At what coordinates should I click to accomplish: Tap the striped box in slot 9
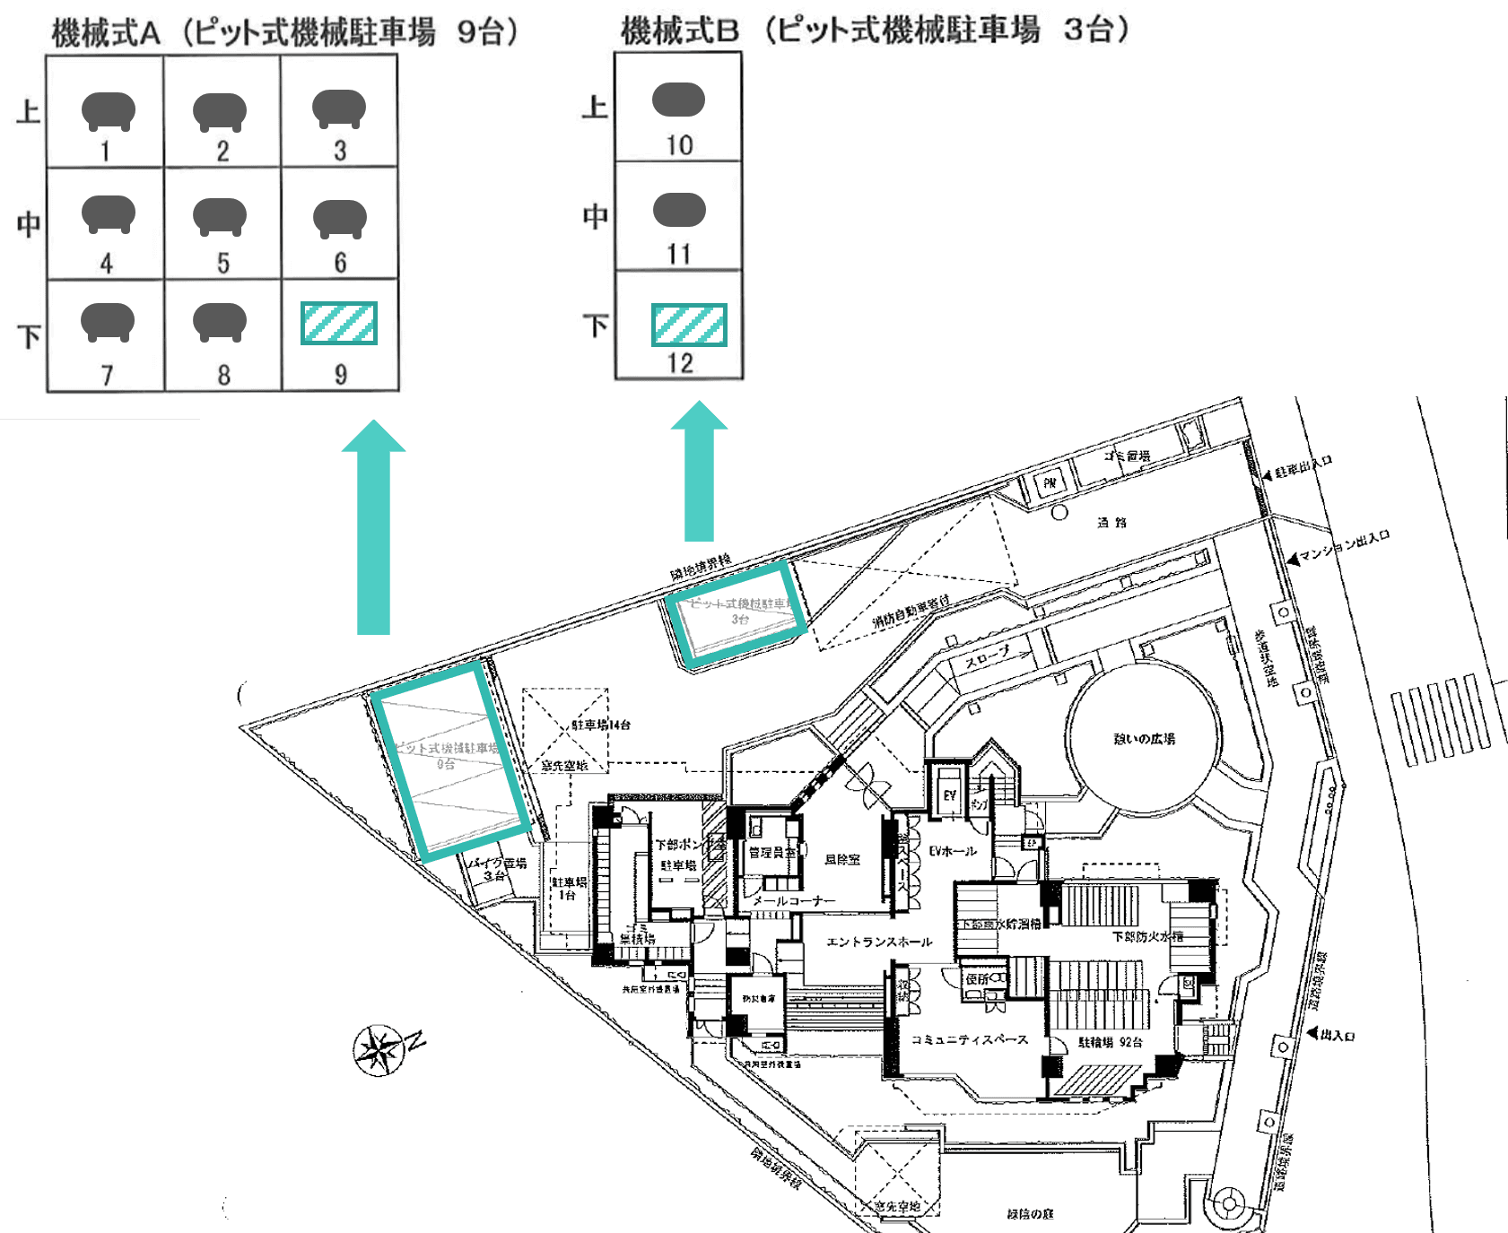[339, 324]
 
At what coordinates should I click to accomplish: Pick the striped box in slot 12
[688, 326]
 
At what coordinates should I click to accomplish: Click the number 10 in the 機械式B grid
[679, 145]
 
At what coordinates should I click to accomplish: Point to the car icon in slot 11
[679, 210]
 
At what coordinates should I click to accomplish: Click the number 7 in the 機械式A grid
[107, 375]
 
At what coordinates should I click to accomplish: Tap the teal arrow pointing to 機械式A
[373, 529]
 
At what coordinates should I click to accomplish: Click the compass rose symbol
[379, 1049]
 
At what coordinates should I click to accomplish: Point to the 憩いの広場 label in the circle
[1144, 739]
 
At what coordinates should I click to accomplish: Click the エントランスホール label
[879, 942]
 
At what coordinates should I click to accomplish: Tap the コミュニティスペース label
[969, 1039]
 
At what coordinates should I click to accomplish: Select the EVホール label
[952, 851]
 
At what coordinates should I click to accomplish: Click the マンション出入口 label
[1345, 544]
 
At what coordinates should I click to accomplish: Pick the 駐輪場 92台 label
[1110, 1042]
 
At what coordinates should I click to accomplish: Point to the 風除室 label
[841, 859]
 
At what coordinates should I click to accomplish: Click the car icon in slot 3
[338, 109]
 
